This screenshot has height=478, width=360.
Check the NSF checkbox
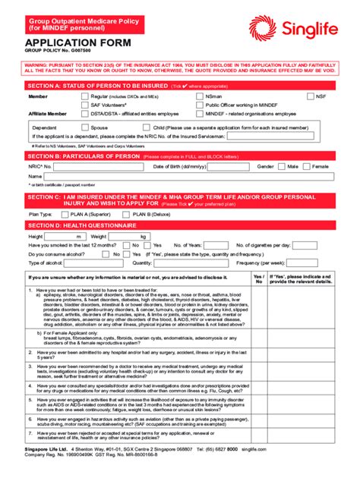pyautogui.click(x=311, y=97)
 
